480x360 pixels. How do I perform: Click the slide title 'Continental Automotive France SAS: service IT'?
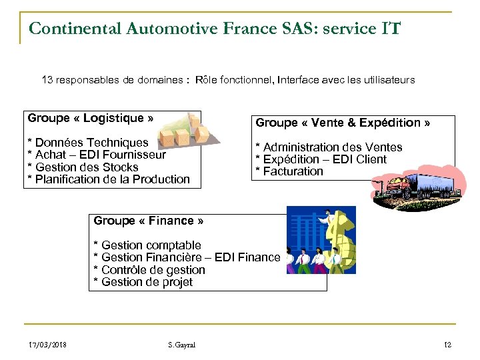pos(215,28)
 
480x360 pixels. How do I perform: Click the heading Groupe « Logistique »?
pos(91,119)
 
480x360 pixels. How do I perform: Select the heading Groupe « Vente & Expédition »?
pos(343,123)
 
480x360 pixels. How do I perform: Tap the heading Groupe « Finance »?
pos(149,221)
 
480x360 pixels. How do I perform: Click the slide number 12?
pos(447,345)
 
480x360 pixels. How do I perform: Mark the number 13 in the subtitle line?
pos(48,80)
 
